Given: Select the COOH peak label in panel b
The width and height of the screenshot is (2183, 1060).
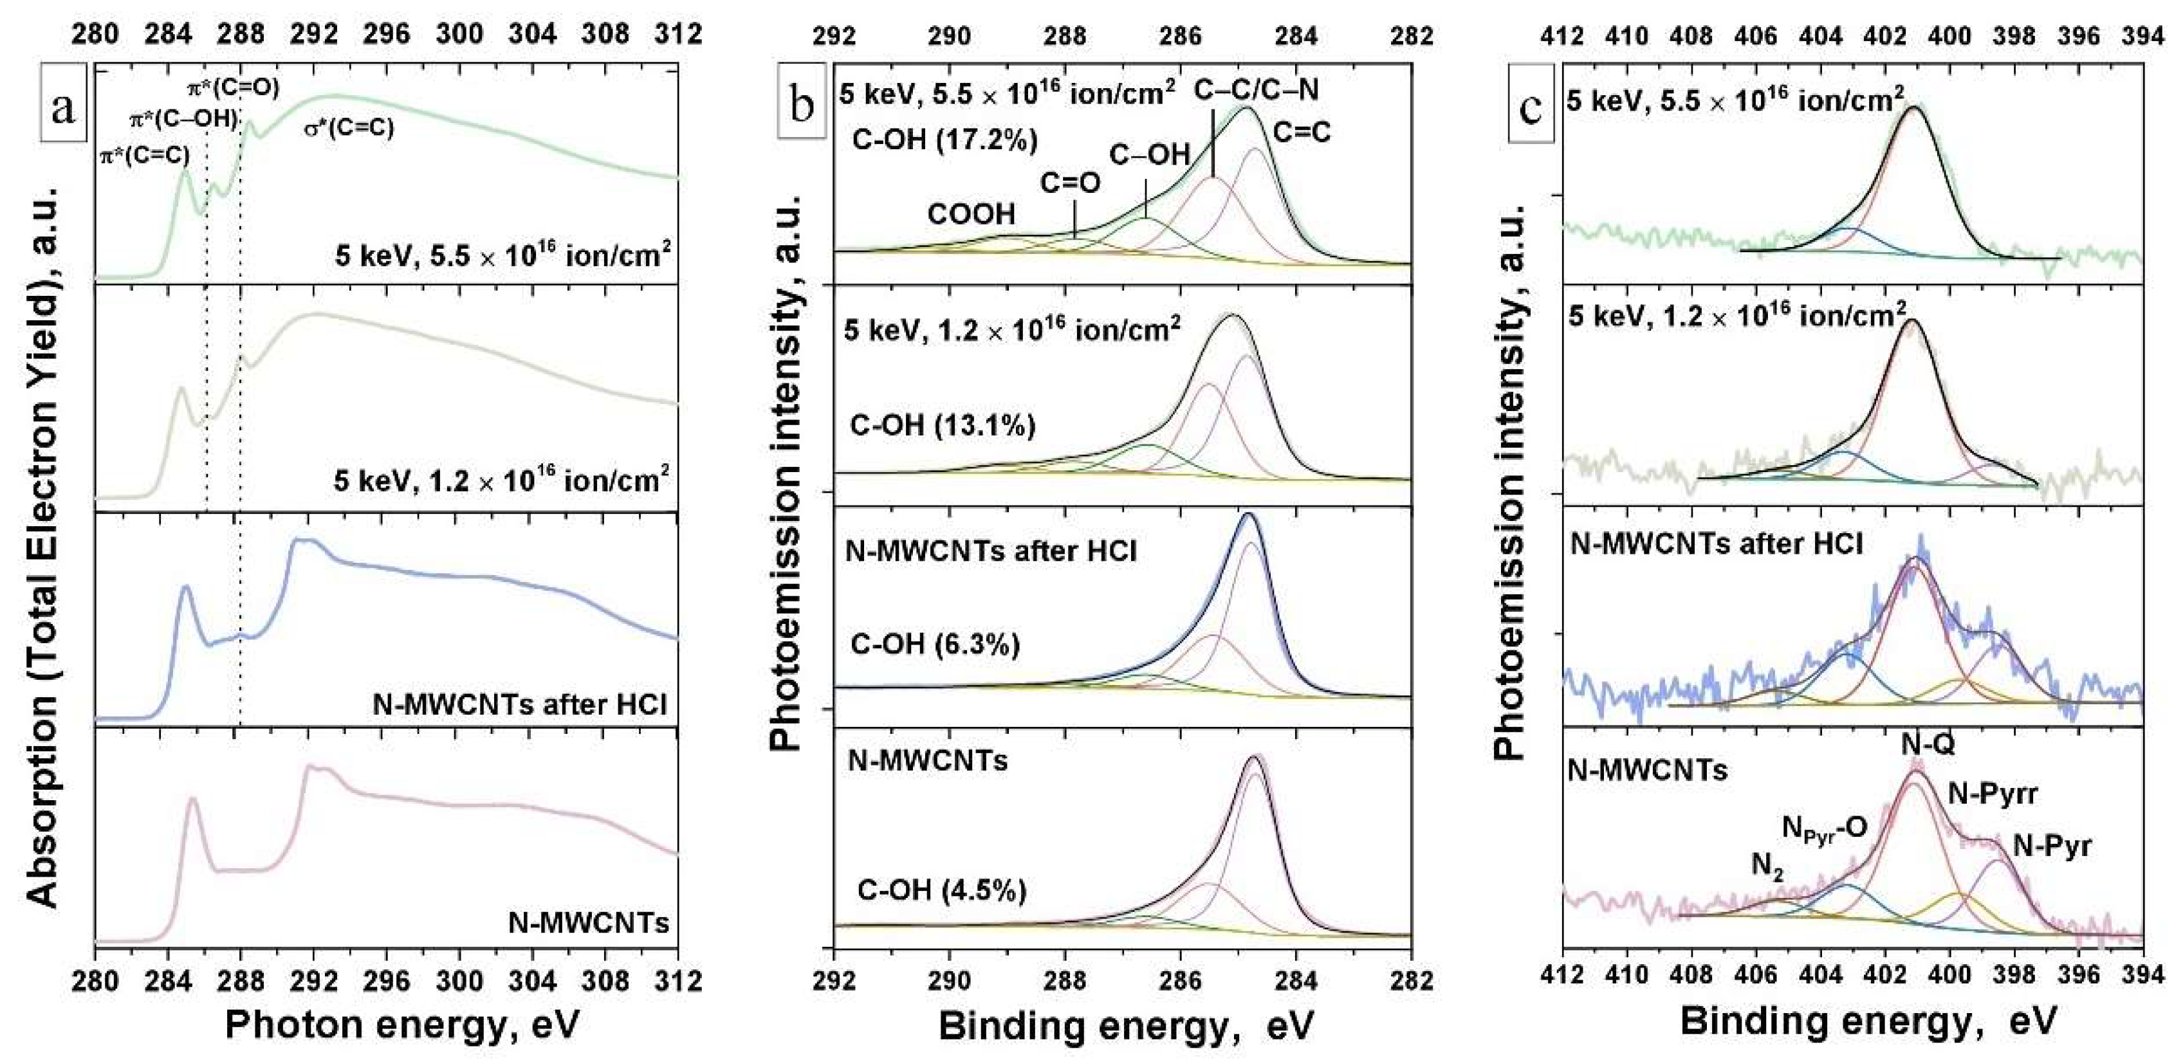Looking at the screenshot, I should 971,214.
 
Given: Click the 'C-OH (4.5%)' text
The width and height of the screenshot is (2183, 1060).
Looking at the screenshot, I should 943,890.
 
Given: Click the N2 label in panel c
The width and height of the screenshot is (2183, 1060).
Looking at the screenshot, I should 1768,866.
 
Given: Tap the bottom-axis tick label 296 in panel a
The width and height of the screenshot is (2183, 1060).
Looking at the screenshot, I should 387,980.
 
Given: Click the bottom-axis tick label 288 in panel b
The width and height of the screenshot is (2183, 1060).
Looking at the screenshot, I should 1065,980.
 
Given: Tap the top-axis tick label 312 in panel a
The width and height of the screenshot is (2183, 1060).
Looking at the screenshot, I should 678,34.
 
